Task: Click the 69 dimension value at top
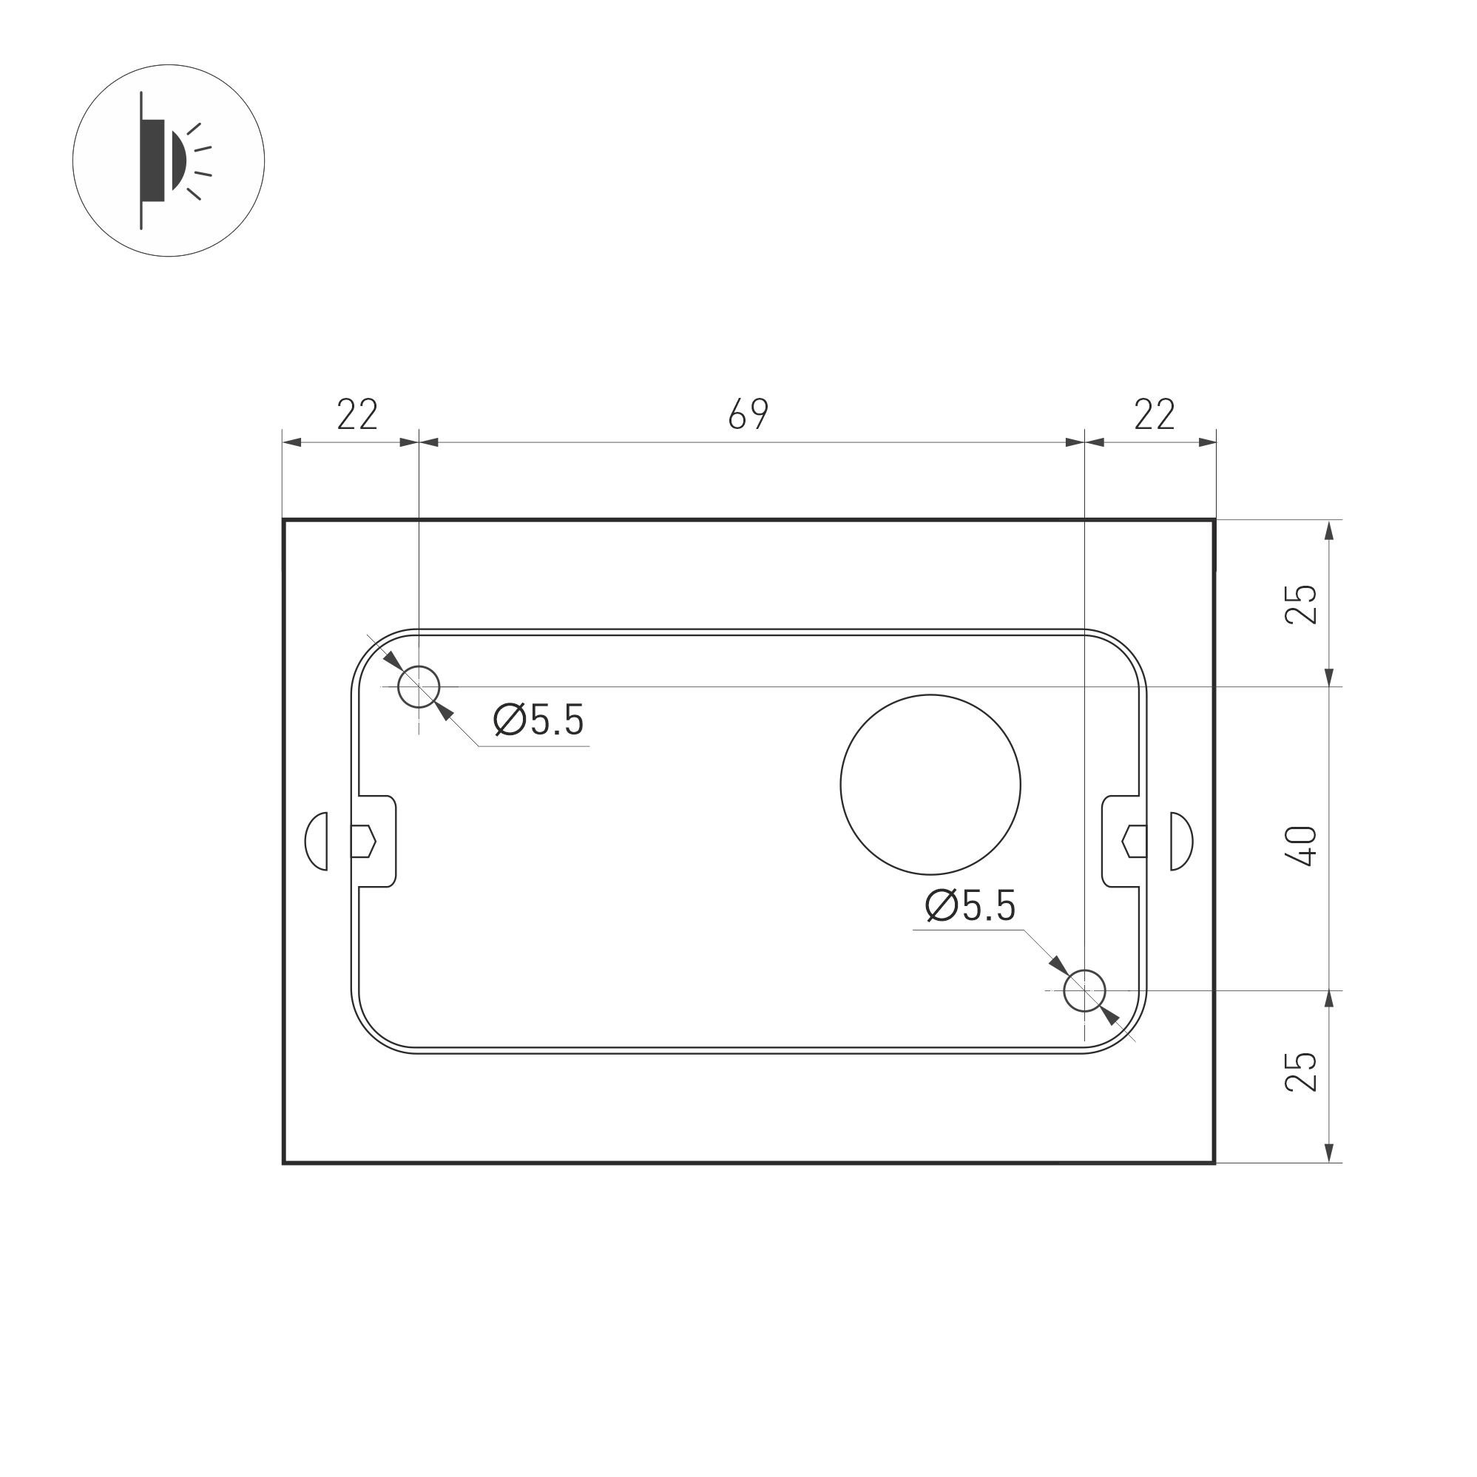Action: pos(748,414)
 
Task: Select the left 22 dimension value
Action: pos(357,414)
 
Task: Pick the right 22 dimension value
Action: pos(1154,414)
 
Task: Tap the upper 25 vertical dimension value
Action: pos(1302,604)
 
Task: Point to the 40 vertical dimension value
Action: pos(1302,845)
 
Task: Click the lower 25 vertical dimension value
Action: pos(1302,1071)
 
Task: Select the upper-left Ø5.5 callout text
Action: pos(538,720)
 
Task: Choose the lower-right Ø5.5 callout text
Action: pos(970,906)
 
